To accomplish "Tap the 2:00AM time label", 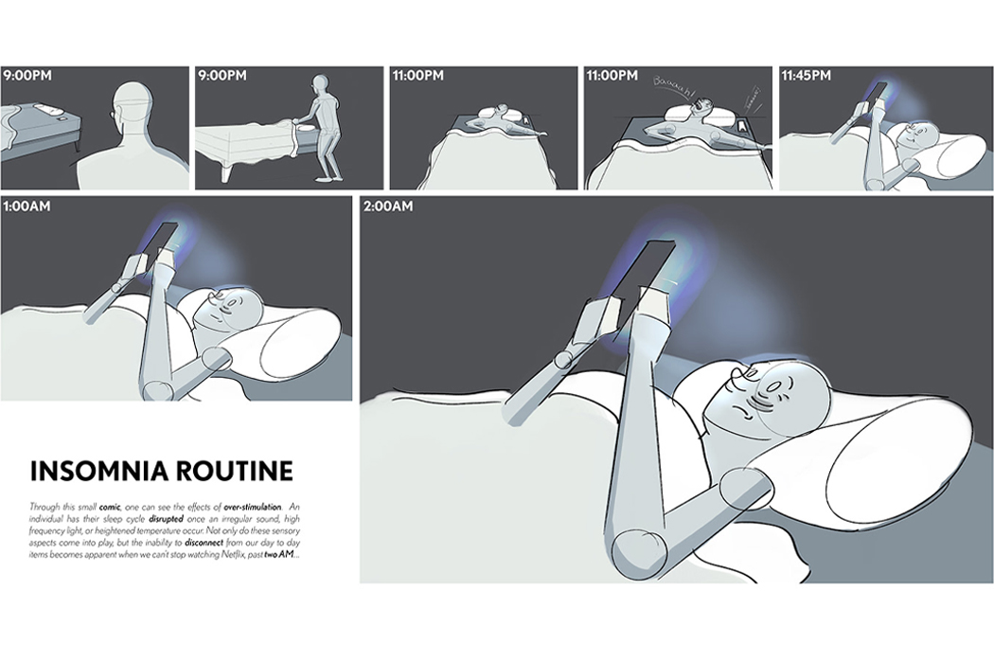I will click(389, 207).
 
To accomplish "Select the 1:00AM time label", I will click(28, 206).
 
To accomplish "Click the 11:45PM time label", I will click(806, 75).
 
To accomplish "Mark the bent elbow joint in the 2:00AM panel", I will click(631, 548).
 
